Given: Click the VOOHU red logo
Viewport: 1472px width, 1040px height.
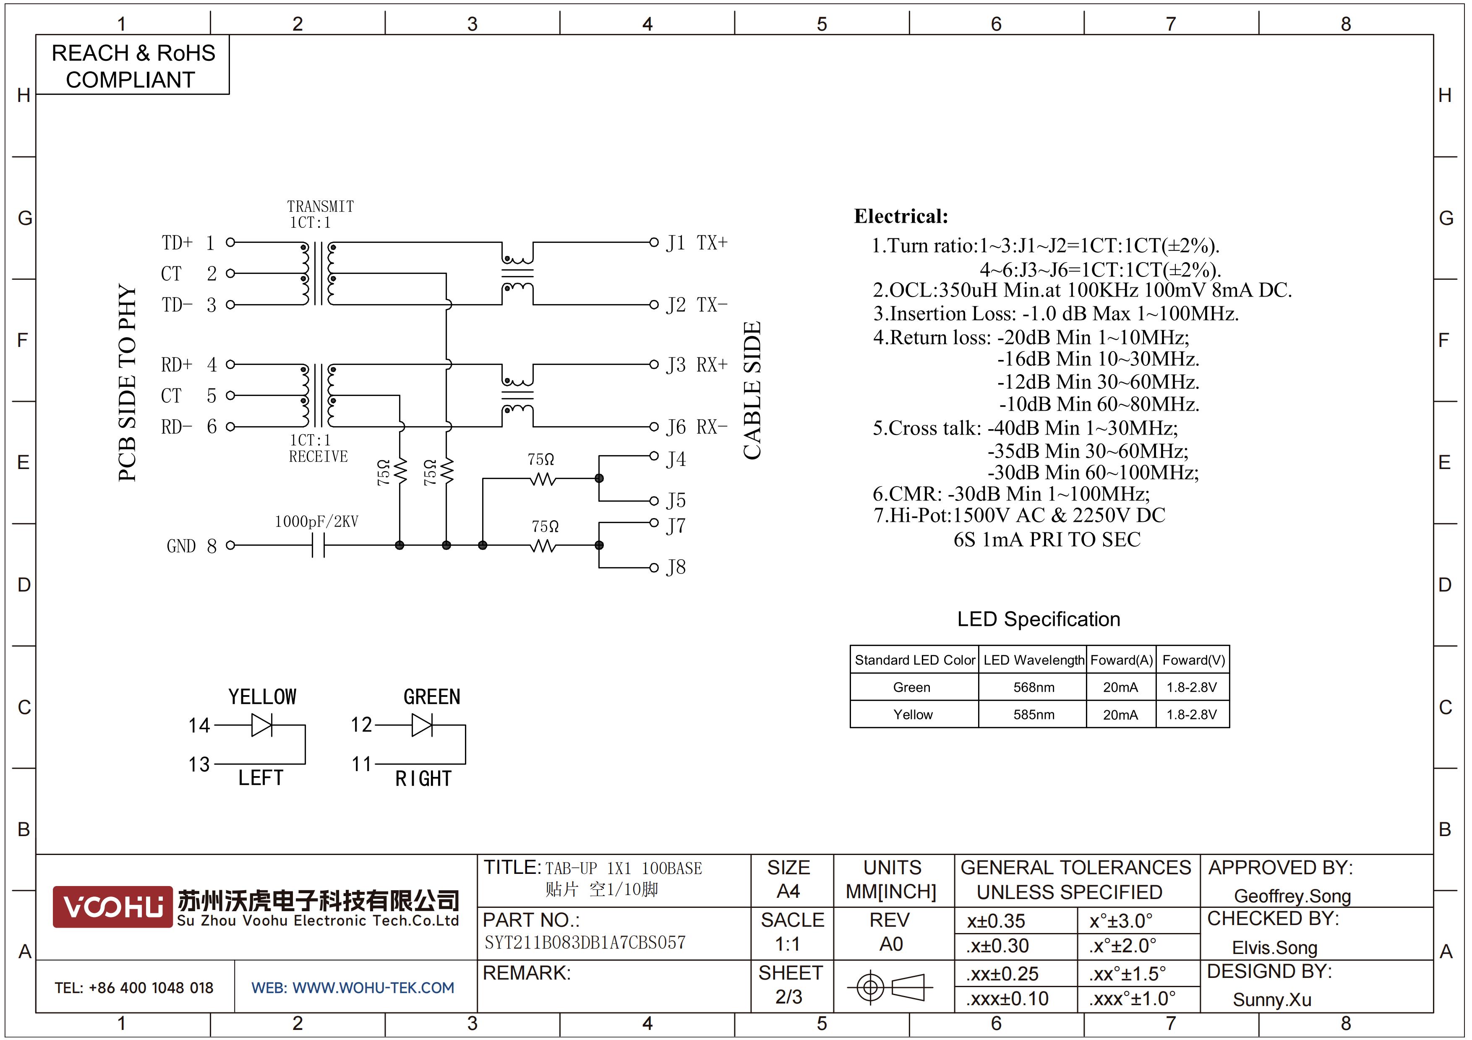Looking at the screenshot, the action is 113,907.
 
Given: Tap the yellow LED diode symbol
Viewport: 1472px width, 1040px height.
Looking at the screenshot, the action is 261,725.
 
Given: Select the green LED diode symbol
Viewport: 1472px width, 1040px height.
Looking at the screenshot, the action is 422,725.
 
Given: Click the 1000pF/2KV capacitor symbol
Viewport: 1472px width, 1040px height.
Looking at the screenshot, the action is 318,546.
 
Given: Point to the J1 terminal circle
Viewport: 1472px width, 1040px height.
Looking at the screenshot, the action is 654,242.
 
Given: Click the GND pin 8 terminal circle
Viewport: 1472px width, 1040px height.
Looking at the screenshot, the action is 231,545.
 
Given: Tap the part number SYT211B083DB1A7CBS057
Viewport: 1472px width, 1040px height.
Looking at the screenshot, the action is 585,943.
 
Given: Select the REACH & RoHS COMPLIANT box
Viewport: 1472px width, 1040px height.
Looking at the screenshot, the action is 133,65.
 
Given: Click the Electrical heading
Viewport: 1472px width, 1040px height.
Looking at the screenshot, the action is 901,216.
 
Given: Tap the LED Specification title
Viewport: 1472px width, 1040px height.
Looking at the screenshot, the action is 1039,619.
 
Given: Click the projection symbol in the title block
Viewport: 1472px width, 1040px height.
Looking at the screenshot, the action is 890,987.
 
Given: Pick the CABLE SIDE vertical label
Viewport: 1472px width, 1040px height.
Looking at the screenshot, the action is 752,390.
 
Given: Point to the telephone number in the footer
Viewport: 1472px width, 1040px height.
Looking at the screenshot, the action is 134,988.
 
